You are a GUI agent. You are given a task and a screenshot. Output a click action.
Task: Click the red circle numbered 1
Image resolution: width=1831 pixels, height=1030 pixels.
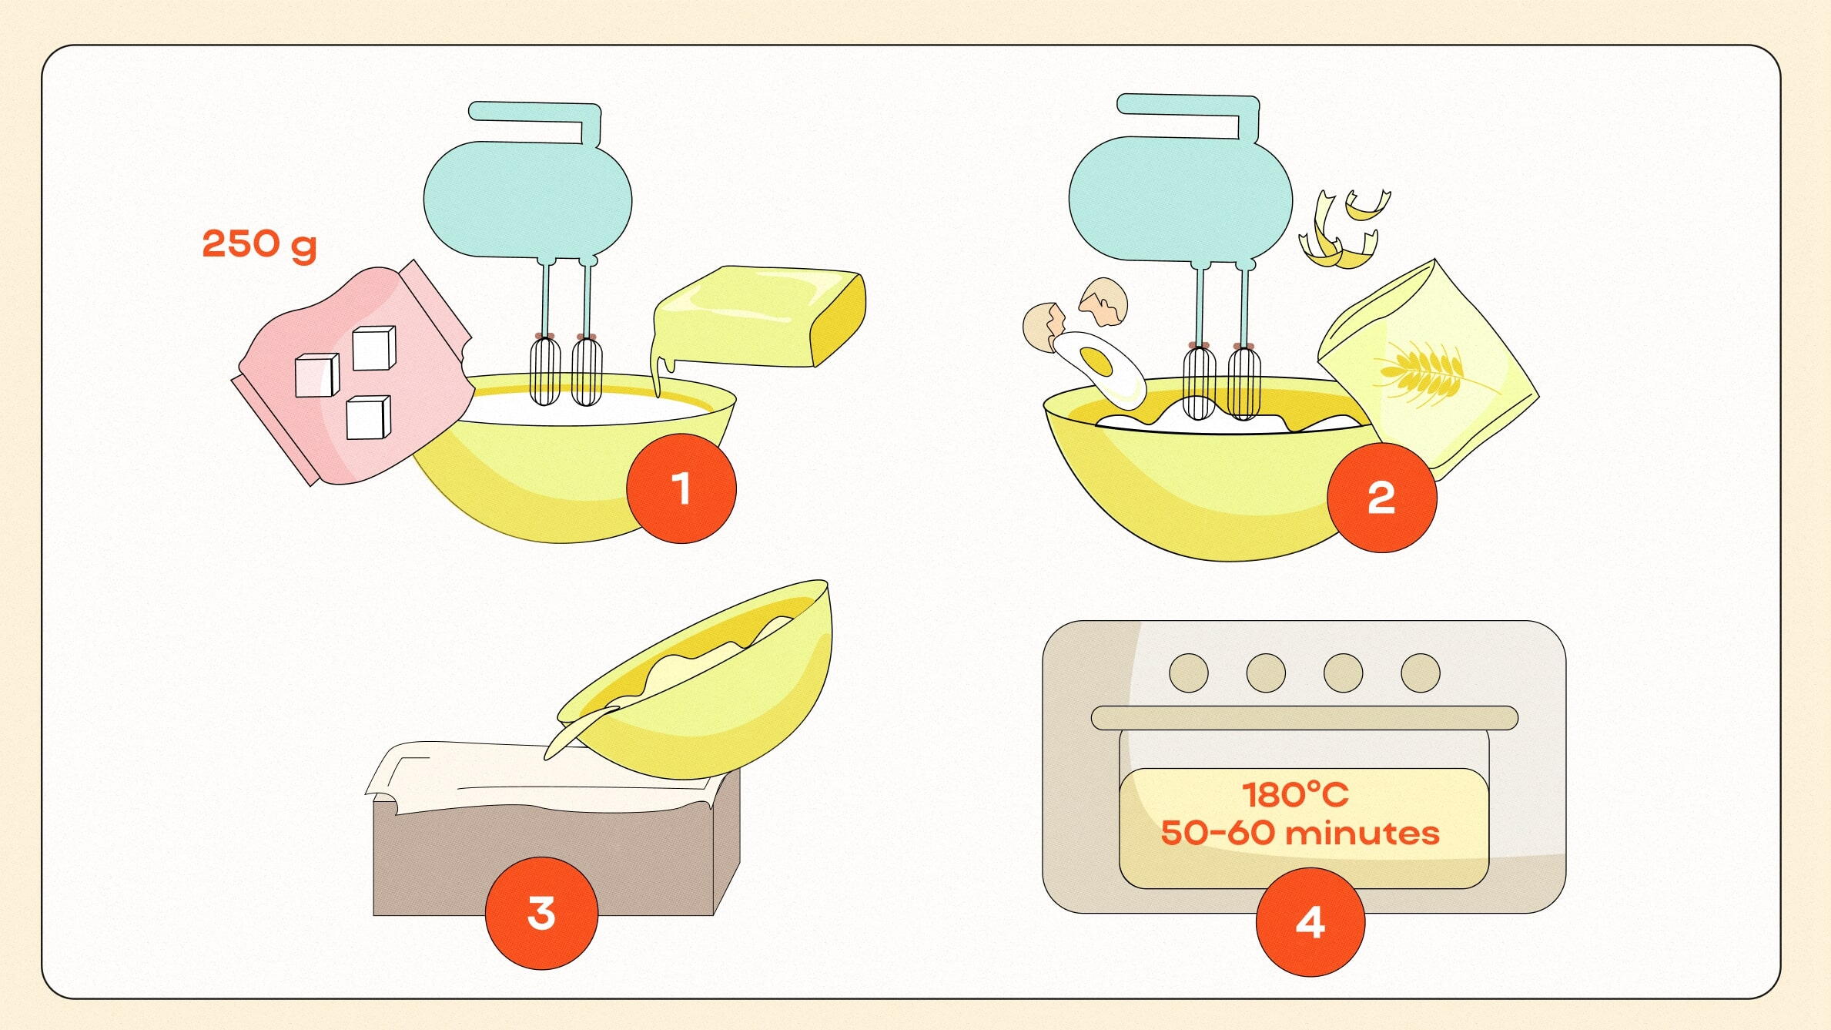tap(681, 488)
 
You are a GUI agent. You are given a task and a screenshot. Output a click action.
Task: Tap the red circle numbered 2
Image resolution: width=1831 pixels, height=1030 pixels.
tap(1382, 498)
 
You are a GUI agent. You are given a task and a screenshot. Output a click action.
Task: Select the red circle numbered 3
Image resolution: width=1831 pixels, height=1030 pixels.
tap(541, 914)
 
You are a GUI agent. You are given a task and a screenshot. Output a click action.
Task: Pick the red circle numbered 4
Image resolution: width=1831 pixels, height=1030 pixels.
tap(1310, 922)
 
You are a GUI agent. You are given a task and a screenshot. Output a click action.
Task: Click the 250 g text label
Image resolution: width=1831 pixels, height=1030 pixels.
tap(259, 245)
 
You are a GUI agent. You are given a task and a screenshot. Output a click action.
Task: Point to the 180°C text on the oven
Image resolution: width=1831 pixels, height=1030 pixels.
tap(1296, 795)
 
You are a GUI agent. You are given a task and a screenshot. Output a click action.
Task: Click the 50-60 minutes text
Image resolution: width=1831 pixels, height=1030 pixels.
tap(1300, 833)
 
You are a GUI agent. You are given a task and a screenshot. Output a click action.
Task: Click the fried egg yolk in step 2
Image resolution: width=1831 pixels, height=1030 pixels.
tap(1096, 361)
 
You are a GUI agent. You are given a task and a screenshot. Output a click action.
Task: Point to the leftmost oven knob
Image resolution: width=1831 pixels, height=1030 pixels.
tap(1189, 673)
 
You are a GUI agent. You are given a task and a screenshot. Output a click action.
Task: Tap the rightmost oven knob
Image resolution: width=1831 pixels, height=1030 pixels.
tap(1421, 673)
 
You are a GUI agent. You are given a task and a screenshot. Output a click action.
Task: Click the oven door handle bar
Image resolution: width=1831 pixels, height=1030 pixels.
tap(1304, 718)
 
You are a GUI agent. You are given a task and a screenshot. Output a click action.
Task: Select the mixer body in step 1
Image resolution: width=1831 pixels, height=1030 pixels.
tap(528, 199)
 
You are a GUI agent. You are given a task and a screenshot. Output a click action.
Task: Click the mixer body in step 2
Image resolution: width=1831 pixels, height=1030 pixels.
tap(1180, 198)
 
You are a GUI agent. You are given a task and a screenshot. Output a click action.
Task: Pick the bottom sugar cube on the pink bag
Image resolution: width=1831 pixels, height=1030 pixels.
tap(368, 418)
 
